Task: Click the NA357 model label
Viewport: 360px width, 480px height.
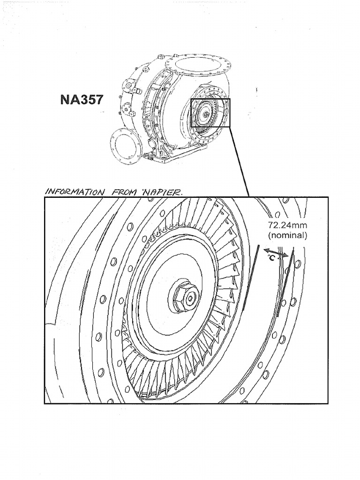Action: click(x=82, y=100)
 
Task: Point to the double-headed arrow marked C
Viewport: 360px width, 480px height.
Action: click(x=276, y=254)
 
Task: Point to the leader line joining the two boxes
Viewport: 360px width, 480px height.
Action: click(x=240, y=162)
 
